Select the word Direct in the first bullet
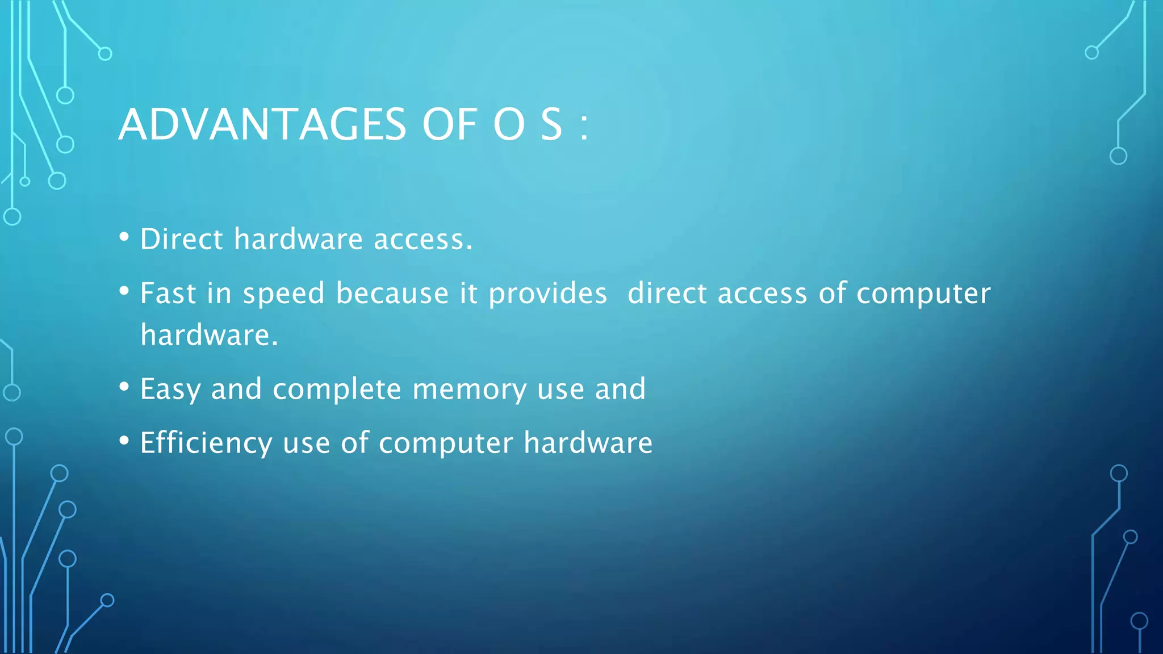(181, 239)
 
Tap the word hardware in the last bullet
(588, 443)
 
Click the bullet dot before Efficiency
(124, 441)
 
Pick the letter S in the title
(551, 125)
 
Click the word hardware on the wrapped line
(209, 335)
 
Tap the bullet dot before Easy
(124, 387)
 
